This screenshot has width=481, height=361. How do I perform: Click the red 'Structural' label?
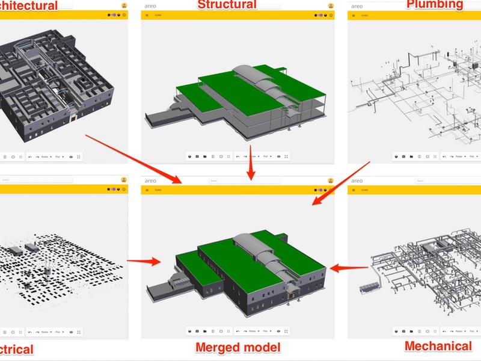point(227,5)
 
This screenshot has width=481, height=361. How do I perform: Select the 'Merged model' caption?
point(237,347)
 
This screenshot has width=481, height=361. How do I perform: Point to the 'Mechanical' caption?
point(438,346)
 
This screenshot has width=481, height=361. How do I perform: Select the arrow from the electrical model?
point(144,261)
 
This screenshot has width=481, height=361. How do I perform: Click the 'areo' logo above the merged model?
point(150,180)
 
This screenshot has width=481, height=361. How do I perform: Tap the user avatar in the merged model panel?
point(331,180)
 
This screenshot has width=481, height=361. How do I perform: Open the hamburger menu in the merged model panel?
point(147,190)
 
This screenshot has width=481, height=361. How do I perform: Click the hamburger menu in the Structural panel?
point(147,15)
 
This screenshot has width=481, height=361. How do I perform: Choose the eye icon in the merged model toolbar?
point(278,332)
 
